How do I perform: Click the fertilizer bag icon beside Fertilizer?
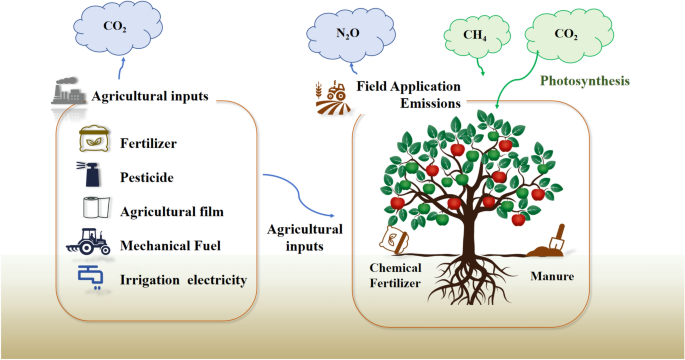click(96, 143)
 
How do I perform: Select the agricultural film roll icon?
click(95, 210)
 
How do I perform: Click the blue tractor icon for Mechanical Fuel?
click(96, 242)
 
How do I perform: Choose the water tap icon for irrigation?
click(95, 277)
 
